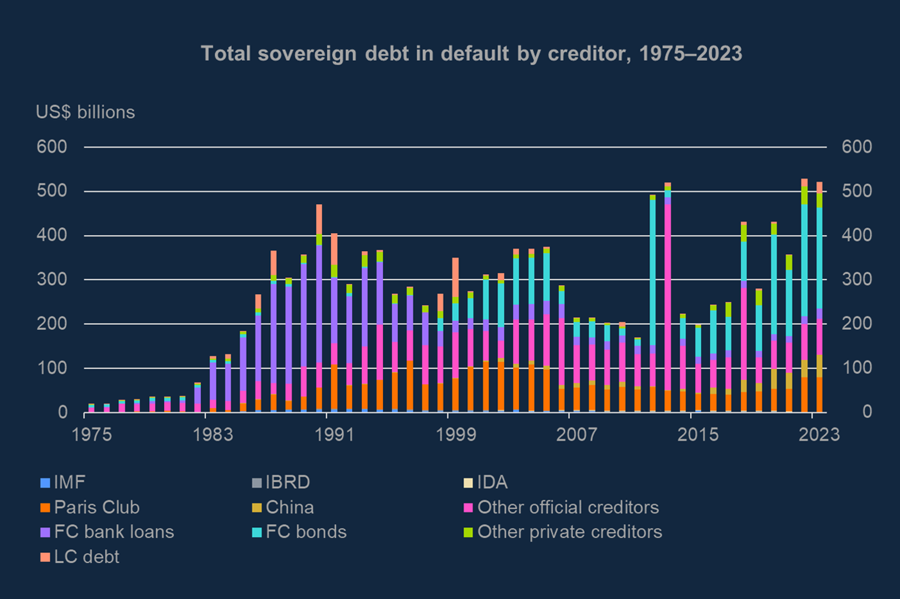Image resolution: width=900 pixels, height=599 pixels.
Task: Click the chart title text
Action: tap(471, 53)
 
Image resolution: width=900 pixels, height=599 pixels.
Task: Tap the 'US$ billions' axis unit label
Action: tap(85, 112)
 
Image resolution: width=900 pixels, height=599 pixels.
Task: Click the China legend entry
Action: tap(282, 507)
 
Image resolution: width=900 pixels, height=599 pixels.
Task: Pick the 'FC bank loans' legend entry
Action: tap(107, 532)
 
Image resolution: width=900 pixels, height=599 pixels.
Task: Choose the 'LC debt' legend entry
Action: tap(80, 557)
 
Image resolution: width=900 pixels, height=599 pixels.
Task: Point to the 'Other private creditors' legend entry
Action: tap(563, 532)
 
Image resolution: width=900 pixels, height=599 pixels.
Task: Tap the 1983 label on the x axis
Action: tap(213, 435)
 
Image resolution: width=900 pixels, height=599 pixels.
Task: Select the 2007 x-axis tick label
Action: tap(577, 435)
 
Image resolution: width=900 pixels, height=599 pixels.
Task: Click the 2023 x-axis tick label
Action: tap(819, 435)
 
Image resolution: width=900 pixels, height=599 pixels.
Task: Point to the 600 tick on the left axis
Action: tap(52, 147)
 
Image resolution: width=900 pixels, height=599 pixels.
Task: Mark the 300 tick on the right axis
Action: tap(856, 280)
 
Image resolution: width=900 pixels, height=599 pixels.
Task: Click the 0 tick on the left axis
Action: tap(62, 412)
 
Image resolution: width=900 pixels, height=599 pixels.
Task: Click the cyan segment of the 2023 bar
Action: tap(819, 257)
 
